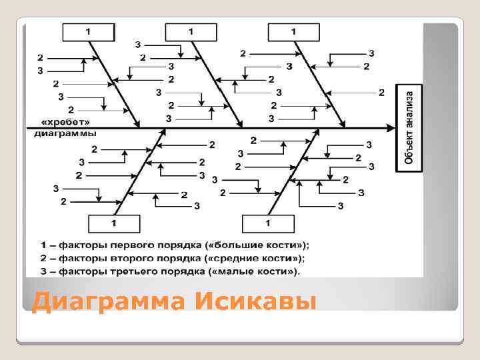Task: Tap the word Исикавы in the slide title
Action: (x=256, y=302)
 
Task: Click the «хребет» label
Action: (x=65, y=123)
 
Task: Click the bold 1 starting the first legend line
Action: (x=43, y=245)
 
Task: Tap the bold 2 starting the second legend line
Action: (x=43, y=258)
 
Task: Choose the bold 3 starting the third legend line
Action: (x=43, y=271)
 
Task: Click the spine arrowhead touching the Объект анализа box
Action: (x=393, y=126)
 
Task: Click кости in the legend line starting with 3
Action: (x=275, y=271)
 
